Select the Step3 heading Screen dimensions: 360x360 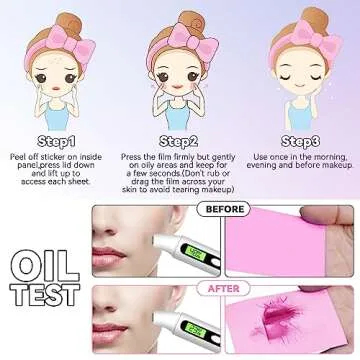(299, 141)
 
